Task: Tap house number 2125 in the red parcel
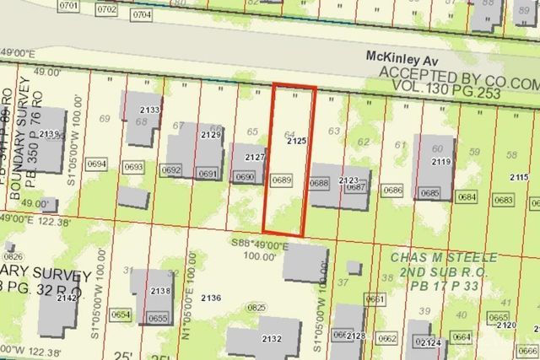[295, 142]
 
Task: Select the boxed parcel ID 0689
[281, 179]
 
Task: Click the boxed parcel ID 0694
[98, 164]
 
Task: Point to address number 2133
[150, 110]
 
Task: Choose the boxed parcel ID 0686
[392, 191]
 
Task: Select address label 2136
[212, 298]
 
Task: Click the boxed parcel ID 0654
[121, 314]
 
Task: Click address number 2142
[67, 298]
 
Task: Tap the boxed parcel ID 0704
[143, 14]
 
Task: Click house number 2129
[211, 135]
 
